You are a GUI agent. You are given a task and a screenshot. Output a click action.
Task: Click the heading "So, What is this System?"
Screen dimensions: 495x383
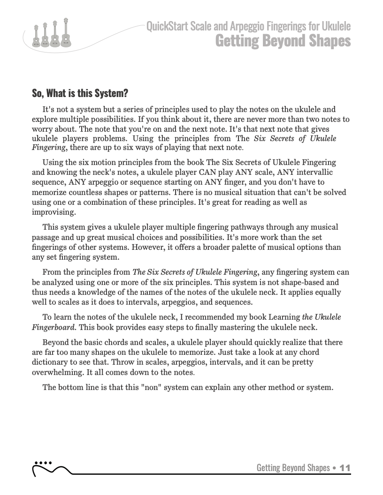80,93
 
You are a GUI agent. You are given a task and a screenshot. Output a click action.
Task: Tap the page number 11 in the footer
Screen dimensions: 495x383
345,468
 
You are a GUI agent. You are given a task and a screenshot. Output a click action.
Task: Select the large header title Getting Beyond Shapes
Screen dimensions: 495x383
283,41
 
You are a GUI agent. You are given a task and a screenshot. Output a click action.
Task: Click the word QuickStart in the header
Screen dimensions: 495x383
168,27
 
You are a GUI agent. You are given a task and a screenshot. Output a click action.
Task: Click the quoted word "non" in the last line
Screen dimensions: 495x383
150,387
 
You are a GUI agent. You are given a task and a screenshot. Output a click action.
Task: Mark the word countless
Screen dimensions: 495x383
77,193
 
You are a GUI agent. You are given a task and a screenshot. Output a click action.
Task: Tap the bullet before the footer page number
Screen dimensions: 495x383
334,468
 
